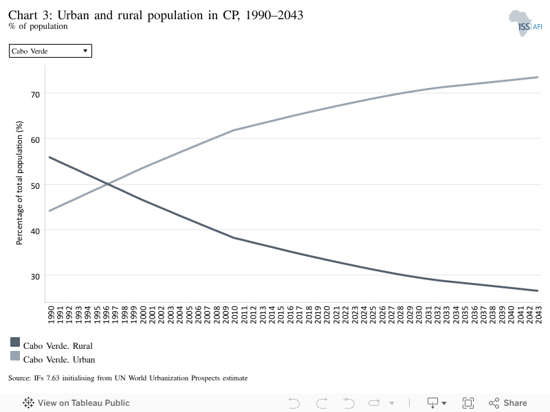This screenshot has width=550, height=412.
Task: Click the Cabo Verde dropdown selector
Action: (50, 51)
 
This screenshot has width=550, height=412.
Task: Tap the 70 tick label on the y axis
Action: (35, 94)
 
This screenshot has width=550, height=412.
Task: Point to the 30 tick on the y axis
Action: (35, 277)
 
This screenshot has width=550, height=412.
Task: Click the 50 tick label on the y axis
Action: (35, 185)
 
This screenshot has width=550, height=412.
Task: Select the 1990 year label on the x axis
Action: (50, 314)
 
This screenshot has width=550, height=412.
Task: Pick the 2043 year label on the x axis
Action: (538, 314)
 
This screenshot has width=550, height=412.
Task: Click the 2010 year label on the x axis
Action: (234, 314)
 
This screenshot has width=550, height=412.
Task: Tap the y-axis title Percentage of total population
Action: (19, 183)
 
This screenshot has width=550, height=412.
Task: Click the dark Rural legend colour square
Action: (15, 342)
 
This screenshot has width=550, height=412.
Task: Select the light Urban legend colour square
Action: (15, 356)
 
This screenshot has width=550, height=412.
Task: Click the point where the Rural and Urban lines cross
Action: (108, 184)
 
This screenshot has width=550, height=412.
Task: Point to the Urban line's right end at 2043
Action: (538, 77)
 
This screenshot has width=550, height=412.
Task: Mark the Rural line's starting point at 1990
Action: (49, 157)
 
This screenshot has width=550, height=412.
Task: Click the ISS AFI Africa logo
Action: (525, 23)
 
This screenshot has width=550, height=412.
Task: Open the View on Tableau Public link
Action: (76, 403)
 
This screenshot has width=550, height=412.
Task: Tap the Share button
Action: (508, 403)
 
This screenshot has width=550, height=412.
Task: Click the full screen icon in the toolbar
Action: (468, 403)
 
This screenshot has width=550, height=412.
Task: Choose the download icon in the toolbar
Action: (436, 403)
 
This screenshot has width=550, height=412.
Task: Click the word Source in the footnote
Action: (19, 378)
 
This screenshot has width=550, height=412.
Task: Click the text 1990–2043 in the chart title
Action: (274, 15)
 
